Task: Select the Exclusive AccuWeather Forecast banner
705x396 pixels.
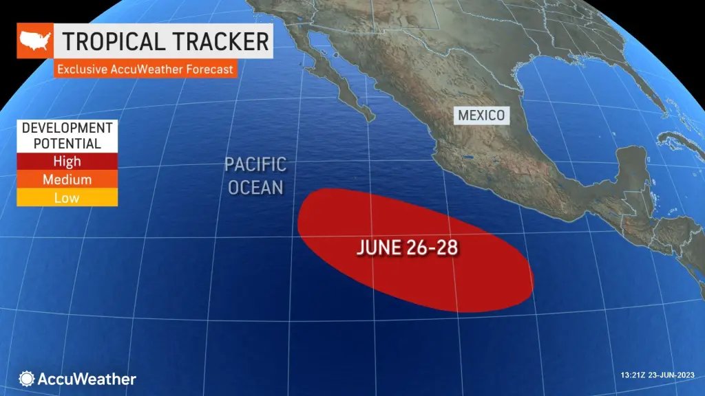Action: [x=145, y=69]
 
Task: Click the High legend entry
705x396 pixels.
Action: [x=67, y=162]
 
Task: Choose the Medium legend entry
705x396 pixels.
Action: [x=67, y=179]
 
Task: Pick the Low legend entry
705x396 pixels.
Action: [x=67, y=197]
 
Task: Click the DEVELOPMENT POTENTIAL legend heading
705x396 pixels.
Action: [x=67, y=136]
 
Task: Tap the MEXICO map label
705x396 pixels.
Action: [x=482, y=115]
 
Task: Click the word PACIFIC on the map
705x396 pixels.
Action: [x=255, y=165]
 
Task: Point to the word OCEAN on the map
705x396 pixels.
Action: [x=255, y=186]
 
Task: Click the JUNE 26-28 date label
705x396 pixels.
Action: [x=408, y=248]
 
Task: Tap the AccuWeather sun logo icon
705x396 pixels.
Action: [x=27, y=379]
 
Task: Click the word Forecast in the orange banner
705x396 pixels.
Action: [x=206, y=69]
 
